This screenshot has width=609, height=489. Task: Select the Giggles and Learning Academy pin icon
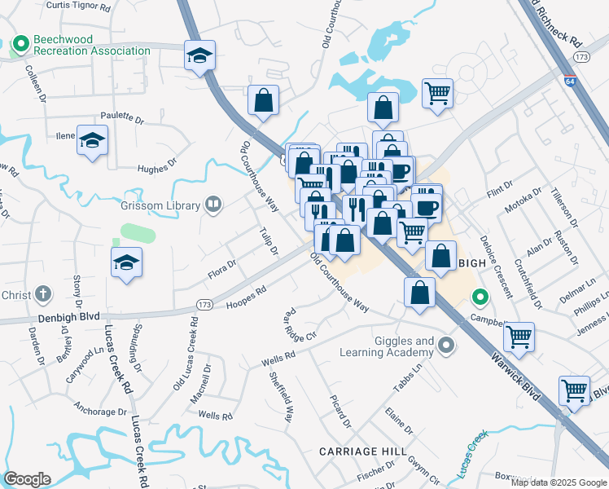(445, 346)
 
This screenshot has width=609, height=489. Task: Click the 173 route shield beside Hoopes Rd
(204, 304)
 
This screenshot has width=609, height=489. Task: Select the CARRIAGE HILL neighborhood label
(360, 451)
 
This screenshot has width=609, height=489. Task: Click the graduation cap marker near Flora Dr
(127, 262)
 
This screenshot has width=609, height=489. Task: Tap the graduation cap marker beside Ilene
(93, 140)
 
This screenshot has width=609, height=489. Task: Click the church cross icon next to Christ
(43, 293)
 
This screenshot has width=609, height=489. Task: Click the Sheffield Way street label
(281, 397)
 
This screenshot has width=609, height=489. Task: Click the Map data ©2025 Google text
(558, 482)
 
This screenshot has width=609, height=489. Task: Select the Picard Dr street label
(340, 412)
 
